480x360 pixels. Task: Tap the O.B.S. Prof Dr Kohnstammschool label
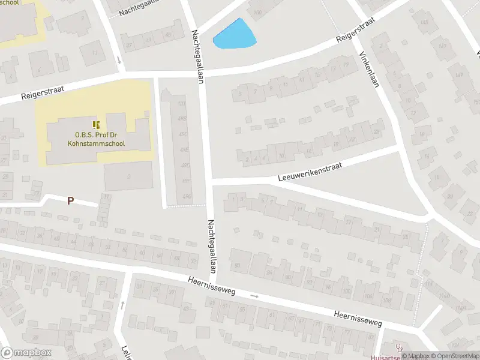pyautogui.click(x=99, y=139)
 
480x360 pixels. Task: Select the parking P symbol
pyautogui.click(x=71, y=201)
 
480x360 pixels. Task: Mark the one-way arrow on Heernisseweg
pyautogui.click(x=254, y=296)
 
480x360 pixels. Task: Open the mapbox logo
pyautogui.click(x=26, y=352)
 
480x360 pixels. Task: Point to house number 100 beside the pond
pyautogui.click(x=257, y=13)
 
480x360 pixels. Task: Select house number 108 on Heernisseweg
pyautogui.click(x=386, y=300)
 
